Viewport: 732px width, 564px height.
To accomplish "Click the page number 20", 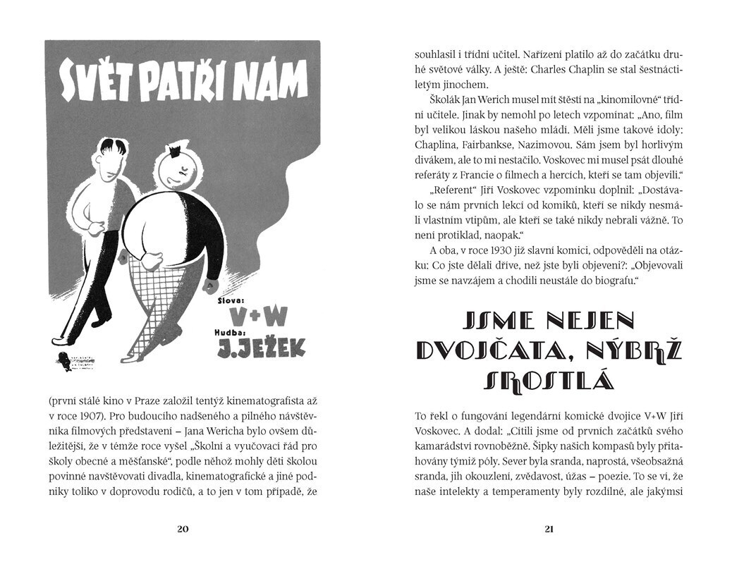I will [183, 529].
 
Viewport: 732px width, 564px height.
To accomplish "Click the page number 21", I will [549, 529].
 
